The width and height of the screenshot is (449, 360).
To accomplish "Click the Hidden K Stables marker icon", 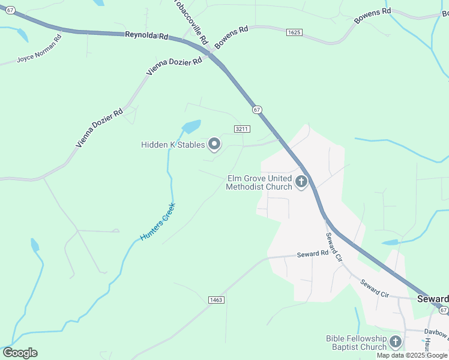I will point(214,144).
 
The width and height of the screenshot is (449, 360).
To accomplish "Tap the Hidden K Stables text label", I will point(173,145).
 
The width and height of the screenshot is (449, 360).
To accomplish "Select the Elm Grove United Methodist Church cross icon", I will point(301,182).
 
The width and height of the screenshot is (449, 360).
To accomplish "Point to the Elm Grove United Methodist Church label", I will point(259,182).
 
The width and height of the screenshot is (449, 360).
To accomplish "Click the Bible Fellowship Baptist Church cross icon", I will point(395,343).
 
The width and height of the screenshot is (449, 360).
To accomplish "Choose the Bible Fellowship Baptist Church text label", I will point(356,343).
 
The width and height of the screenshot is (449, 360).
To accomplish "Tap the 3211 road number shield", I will point(242,129).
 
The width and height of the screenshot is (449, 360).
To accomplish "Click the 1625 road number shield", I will point(294,32).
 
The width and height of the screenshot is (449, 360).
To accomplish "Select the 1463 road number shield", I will point(217,299).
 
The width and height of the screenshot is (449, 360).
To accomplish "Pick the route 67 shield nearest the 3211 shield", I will point(257,109).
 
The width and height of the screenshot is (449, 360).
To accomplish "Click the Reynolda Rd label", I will point(146,35).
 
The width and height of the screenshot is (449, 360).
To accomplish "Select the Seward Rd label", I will point(313,254).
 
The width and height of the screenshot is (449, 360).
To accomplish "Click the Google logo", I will point(20,353).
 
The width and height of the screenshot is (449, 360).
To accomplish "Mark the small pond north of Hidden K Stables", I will point(191,127).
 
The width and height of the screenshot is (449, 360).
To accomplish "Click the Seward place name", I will point(433,299).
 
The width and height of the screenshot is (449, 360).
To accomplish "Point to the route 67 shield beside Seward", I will point(443,310).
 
